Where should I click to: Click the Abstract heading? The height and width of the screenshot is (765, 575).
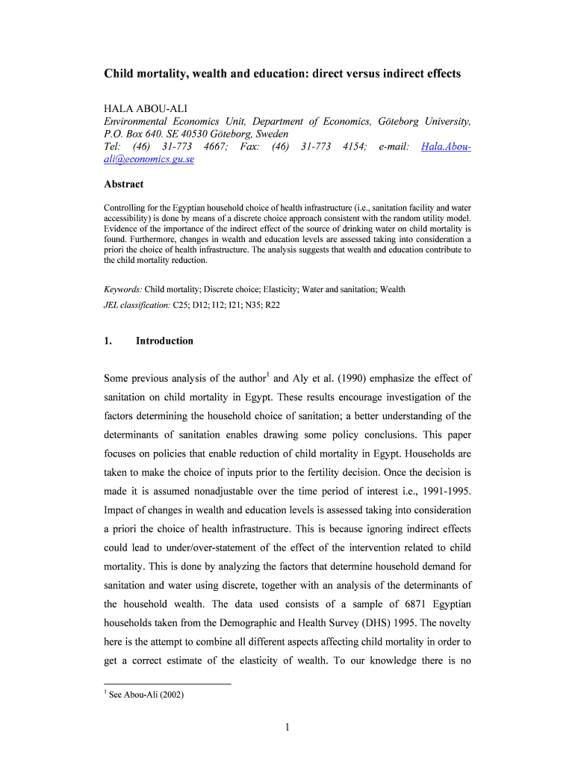tap(123, 184)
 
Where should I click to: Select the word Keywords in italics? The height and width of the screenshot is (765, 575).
tap(122, 288)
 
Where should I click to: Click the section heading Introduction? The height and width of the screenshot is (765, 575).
tap(164, 341)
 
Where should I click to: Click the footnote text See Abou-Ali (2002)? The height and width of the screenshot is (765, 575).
tap(146, 695)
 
